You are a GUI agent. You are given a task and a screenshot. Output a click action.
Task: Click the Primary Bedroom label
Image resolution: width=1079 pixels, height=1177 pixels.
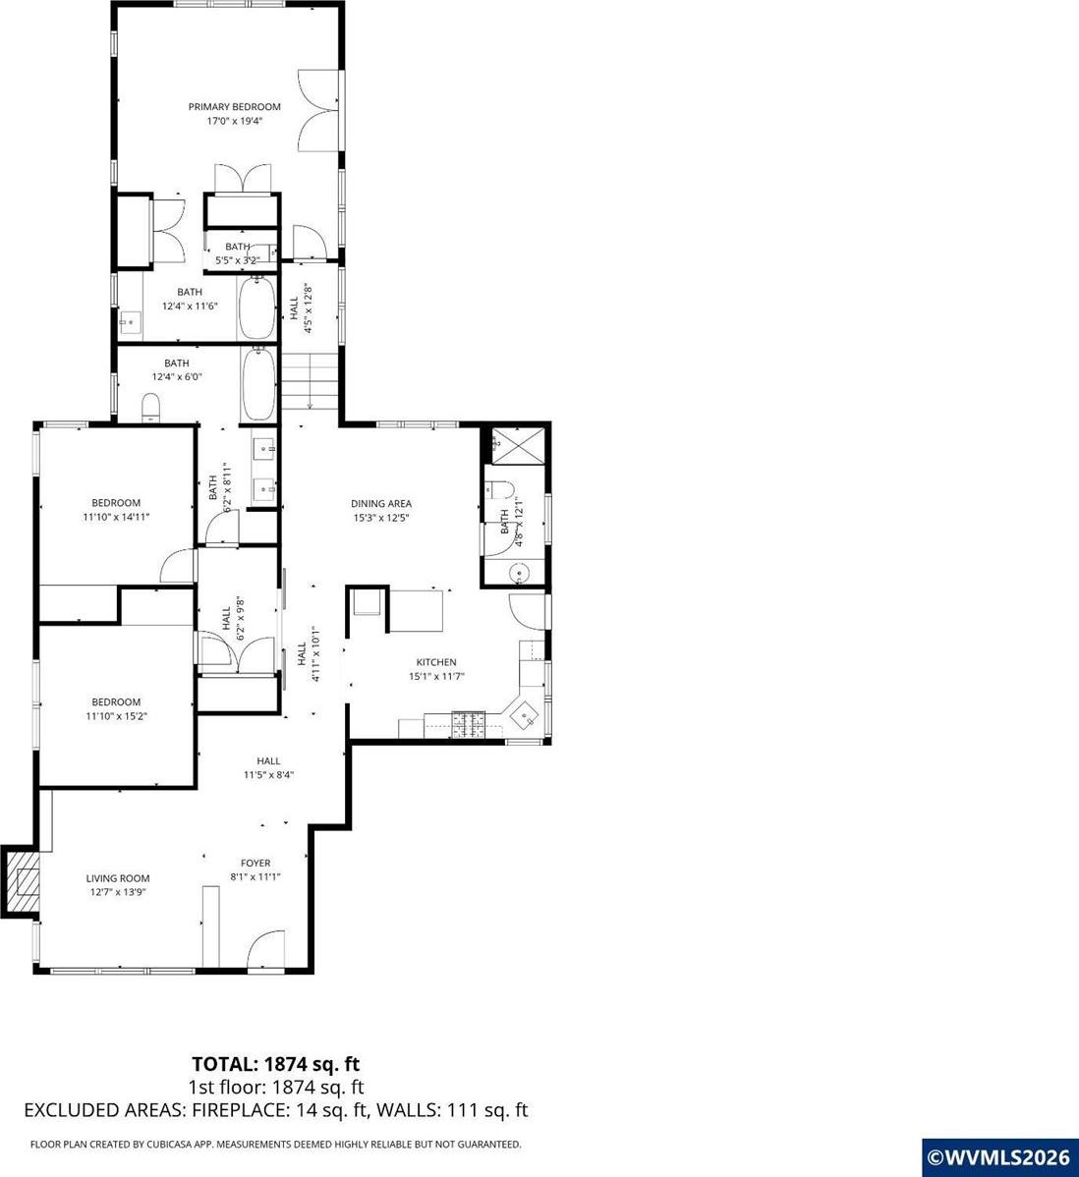tap(235, 107)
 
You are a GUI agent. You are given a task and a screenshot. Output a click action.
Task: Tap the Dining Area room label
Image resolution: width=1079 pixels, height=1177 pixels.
tap(380, 504)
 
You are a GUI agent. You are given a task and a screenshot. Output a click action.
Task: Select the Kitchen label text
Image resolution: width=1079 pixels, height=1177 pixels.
tap(436, 662)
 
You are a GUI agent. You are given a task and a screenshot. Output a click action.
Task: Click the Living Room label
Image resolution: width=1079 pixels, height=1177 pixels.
tap(117, 878)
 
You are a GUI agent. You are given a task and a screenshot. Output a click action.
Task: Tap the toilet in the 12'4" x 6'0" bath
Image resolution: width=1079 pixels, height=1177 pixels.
tap(151, 408)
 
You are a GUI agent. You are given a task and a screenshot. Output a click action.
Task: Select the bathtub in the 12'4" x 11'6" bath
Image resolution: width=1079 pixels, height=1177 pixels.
tap(256, 308)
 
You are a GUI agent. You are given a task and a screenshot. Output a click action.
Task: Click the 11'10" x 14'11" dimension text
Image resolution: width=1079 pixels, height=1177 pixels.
tap(116, 516)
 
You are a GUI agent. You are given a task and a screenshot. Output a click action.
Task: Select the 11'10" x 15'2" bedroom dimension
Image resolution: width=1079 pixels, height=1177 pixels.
tap(116, 716)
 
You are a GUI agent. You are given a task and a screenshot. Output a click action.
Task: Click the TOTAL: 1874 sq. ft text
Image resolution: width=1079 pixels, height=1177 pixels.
tap(276, 1063)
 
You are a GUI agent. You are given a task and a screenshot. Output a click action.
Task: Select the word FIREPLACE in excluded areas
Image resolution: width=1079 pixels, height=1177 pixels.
tap(241, 1110)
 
